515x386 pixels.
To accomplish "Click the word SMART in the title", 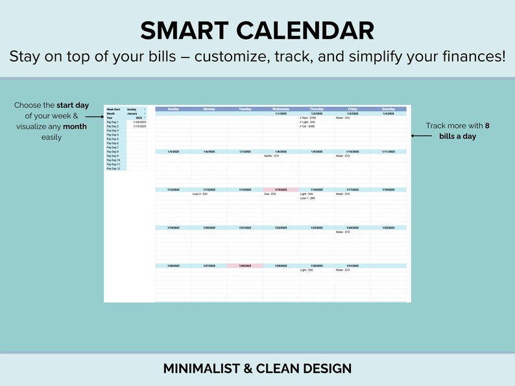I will coord(184,30).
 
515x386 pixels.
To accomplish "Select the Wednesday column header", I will coord(281,109).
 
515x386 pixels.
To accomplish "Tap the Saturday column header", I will coord(388,109).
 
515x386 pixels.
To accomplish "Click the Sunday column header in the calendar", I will coord(173,109).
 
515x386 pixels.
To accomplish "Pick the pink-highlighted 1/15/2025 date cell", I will coord(281,190).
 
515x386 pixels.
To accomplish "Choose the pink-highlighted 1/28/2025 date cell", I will coord(245,266).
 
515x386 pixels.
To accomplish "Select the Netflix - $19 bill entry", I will coord(272,156).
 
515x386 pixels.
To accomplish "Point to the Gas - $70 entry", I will coord(270,194).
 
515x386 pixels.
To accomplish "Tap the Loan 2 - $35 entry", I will coord(200,194).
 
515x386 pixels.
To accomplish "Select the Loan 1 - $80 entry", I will coord(307,198).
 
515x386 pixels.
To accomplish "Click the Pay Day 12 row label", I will coord(114,168).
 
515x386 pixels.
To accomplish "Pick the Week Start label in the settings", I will coord(114,109).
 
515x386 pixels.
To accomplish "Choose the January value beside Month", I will coord(133,113).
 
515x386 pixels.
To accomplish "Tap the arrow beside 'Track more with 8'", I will coord(421,136).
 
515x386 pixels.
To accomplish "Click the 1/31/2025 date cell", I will coord(352,266).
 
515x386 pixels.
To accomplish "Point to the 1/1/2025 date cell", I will coord(281,113).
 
